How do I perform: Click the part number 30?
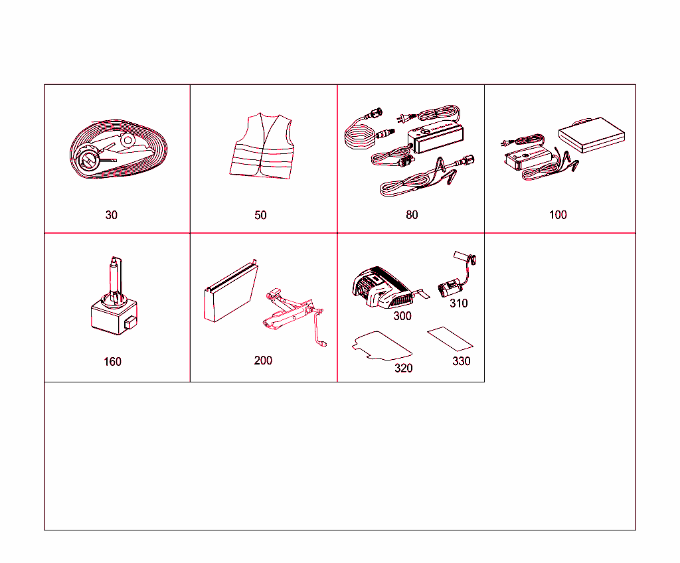112,215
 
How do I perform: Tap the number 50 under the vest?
260,215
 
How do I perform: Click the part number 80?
412,215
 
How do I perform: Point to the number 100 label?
558,215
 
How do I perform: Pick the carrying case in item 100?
593,137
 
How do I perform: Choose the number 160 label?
112,362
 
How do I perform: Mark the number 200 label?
263,361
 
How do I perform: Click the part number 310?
458,303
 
